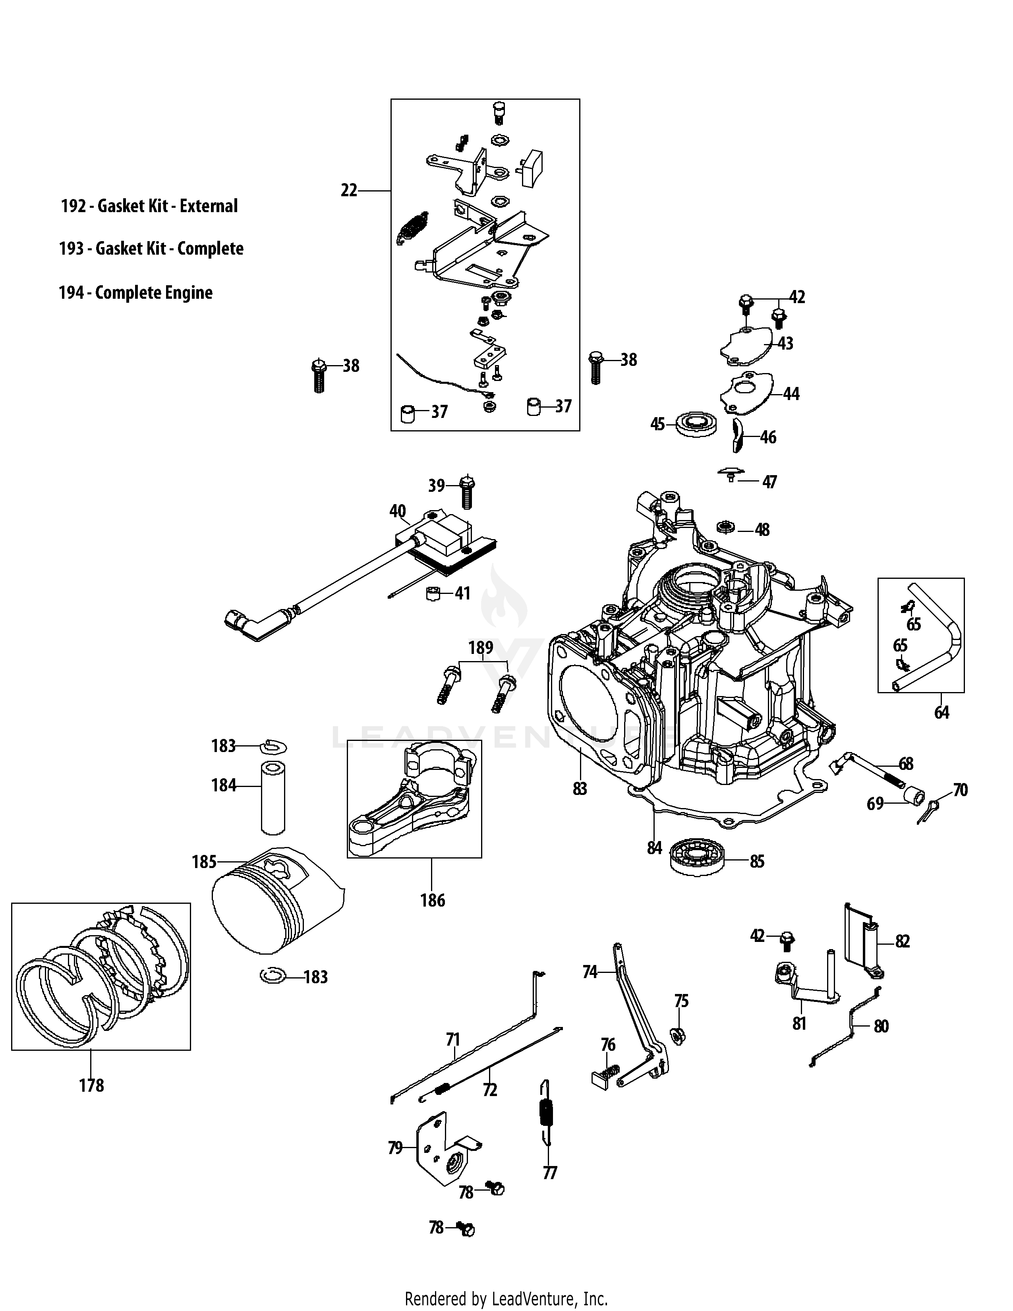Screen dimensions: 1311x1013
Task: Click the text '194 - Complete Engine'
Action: click(x=135, y=293)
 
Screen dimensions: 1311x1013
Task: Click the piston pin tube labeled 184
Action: click(x=273, y=798)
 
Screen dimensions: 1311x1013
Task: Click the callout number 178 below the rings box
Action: click(x=91, y=1085)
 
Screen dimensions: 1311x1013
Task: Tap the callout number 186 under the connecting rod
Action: click(x=433, y=900)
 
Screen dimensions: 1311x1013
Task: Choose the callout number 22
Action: click(x=349, y=190)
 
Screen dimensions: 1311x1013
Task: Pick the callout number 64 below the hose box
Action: click(x=941, y=713)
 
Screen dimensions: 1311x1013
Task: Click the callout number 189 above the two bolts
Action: click(x=481, y=648)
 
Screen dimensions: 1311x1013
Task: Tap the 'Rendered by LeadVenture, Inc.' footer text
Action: click(x=506, y=1299)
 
